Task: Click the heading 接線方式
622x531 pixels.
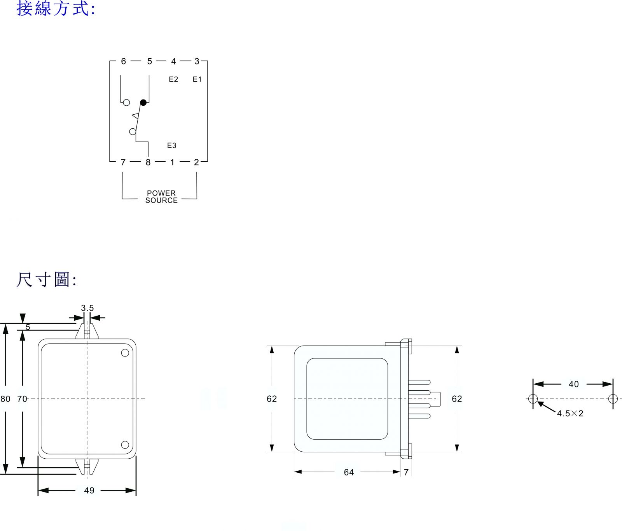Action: click(56, 8)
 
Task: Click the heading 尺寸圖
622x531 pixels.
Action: click(46, 279)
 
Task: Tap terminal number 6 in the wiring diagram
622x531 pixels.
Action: click(124, 61)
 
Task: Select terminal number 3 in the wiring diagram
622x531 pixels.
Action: click(197, 61)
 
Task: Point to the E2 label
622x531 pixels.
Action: click(173, 79)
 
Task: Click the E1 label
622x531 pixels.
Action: click(197, 79)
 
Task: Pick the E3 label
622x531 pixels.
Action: click(171, 145)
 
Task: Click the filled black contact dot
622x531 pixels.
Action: click(143, 103)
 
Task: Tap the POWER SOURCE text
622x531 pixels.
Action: click(161, 197)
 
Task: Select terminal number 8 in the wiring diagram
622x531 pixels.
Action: click(148, 162)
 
